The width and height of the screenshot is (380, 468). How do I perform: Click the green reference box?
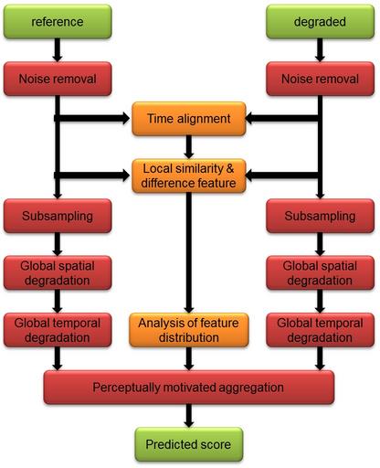click(x=58, y=22)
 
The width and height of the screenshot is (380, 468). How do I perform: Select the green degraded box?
click(x=320, y=22)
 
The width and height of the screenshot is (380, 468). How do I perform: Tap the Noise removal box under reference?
click(x=58, y=79)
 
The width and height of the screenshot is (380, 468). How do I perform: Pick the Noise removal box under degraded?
click(x=320, y=79)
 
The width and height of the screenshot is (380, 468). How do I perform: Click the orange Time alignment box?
click(x=189, y=119)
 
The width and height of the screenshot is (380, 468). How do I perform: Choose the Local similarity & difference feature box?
click(x=189, y=175)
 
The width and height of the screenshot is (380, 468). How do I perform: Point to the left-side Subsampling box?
click(x=58, y=216)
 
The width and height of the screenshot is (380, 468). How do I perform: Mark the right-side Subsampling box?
click(x=320, y=216)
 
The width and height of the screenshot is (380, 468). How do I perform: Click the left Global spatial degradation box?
click(x=58, y=272)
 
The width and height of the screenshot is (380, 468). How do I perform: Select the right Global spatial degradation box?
click(x=320, y=272)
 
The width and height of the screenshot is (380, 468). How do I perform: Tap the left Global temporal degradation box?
click(x=58, y=330)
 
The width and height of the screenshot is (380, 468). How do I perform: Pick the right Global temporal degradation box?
click(x=320, y=330)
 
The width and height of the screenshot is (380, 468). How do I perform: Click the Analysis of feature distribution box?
click(x=189, y=330)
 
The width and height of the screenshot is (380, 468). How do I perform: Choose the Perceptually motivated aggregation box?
click(x=189, y=388)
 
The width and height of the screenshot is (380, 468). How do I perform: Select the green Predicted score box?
click(x=189, y=444)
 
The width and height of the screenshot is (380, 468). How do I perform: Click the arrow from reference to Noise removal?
click(x=58, y=50)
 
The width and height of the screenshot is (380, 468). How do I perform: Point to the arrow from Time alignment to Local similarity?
click(x=189, y=147)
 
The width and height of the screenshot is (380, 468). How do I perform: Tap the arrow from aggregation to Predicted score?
click(x=189, y=416)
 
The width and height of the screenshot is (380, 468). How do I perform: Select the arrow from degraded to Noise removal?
click(x=320, y=50)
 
